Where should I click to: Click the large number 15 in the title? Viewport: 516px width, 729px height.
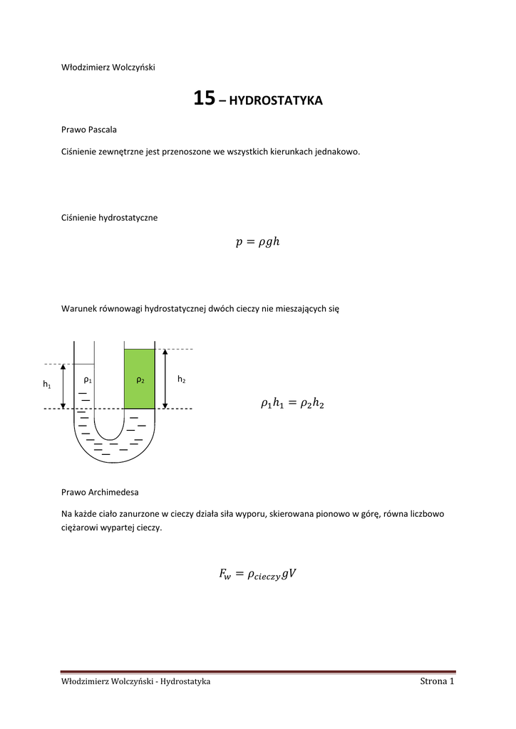click(x=204, y=99)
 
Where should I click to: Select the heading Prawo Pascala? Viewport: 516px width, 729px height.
click(x=90, y=130)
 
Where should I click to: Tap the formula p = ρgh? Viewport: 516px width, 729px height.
click(x=257, y=242)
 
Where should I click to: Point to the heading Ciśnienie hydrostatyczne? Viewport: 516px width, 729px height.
click(x=110, y=218)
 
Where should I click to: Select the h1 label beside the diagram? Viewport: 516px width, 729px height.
click(x=47, y=384)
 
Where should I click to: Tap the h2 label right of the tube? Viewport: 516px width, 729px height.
click(x=182, y=380)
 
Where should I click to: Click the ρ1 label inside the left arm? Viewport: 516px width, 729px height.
click(x=88, y=380)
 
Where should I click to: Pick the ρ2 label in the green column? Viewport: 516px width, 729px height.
click(x=140, y=380)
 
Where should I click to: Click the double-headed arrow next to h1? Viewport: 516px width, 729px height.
click(x=63, y=387)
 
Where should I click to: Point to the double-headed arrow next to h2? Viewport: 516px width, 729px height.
click(x=165, y=379)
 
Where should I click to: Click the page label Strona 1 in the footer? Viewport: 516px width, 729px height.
click(x=437, y=682)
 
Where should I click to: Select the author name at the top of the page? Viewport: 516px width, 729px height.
click(x=108, y=68)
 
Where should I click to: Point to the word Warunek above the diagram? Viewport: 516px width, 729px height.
click(x=81, y=310)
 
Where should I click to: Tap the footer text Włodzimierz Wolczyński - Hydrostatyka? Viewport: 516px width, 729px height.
click(x=136, y=682)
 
